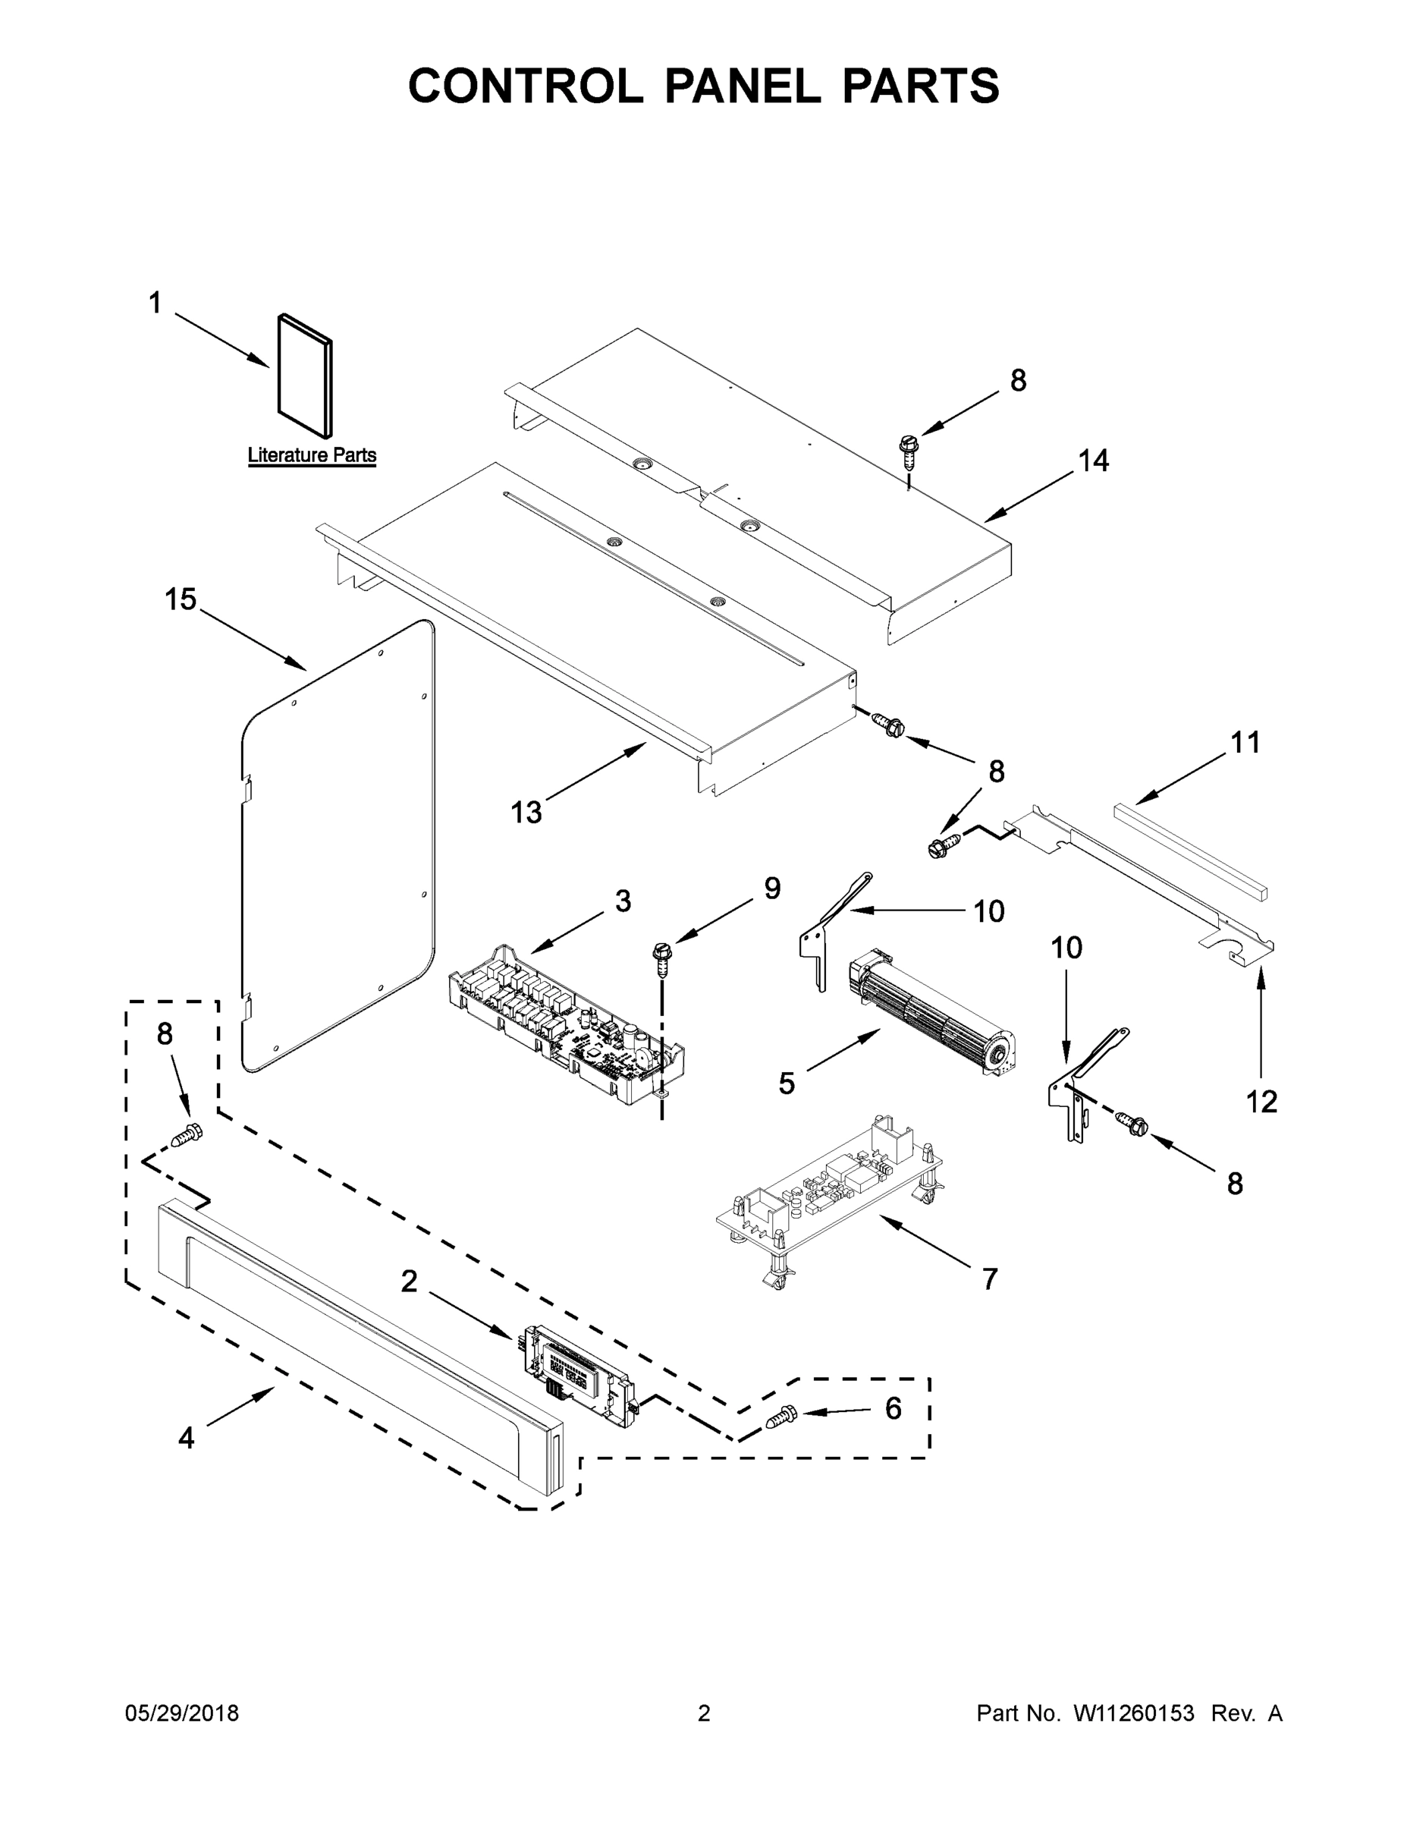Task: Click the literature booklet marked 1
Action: click(305, 376)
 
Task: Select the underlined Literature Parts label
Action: click(312, 455)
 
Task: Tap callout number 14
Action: click(1094, 461)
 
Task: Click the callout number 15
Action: click(180, 599)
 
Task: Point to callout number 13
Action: click(526, 811)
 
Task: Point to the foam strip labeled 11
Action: click(1190, 851)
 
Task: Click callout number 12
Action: click(1261, 1102)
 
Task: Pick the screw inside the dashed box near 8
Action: click(187, 1135)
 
